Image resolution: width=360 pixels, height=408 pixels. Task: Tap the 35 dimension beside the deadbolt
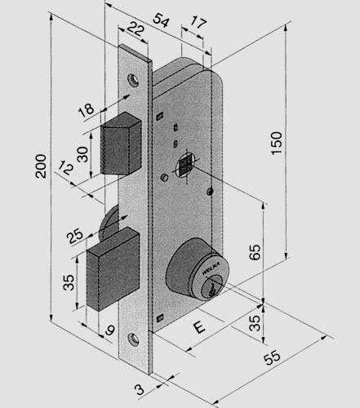(x=70, y=283)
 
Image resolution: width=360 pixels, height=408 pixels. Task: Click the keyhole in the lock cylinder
(x=213, y=286)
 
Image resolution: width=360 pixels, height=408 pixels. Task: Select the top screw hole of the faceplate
(x=133, y=80)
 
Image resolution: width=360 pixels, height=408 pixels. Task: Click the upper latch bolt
(x=121, y=144)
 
